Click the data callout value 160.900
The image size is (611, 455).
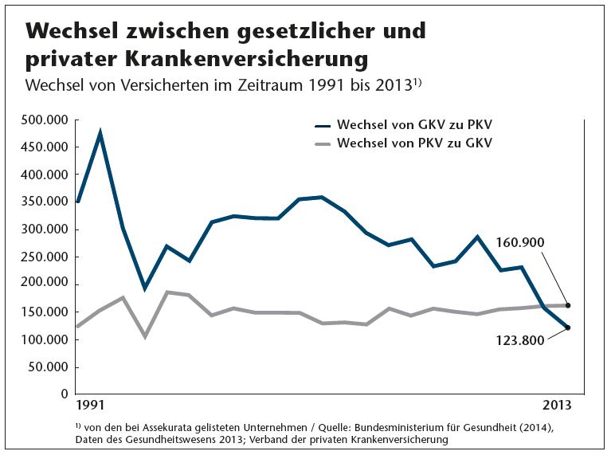[520, 242]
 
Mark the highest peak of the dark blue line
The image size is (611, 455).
[100, 133]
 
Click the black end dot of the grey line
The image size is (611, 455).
[567, 305]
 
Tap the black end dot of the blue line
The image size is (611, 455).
[567, 328]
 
